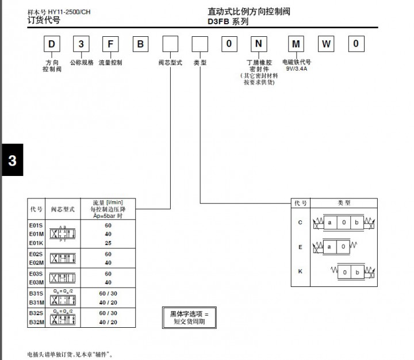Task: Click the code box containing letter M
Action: [296, 44]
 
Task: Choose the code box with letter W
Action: [327, 44]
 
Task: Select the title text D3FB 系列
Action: [228, 21]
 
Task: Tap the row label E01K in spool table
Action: [36, 243]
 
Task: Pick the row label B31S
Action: [36, 293]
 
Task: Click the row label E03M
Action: [36, 282]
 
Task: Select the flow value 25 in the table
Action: [108, 243]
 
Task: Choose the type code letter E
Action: [300, 246]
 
